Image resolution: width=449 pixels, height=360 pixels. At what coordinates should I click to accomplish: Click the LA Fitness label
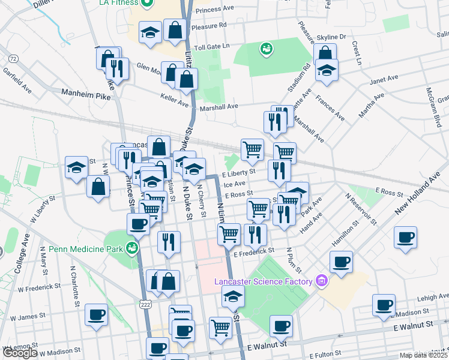[x=118, y=2]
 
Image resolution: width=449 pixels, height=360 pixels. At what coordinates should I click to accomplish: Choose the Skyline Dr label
[x=334, y=37]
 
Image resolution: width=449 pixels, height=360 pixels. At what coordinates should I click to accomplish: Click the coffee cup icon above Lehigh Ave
[x=384, y=304]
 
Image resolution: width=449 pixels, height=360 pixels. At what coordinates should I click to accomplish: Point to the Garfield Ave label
[x=16, y=79]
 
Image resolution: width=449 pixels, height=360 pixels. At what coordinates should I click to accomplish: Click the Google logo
[x=19, y=353]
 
